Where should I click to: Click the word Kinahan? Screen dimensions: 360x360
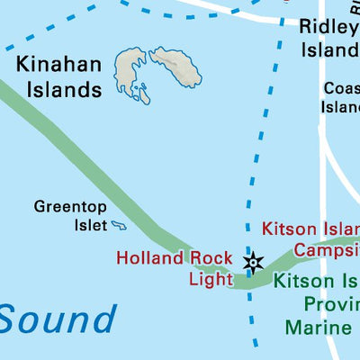click(57, 65)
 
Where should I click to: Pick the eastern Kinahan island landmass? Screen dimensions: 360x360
click(176, 67)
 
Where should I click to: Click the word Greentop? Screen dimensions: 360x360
click(71, 206)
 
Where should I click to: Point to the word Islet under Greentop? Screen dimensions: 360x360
click(89, 224)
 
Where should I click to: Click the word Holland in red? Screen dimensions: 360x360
click(149, 258)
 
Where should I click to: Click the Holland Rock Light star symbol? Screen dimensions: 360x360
click(254, 262)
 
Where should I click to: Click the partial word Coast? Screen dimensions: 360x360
click(342, 89)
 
